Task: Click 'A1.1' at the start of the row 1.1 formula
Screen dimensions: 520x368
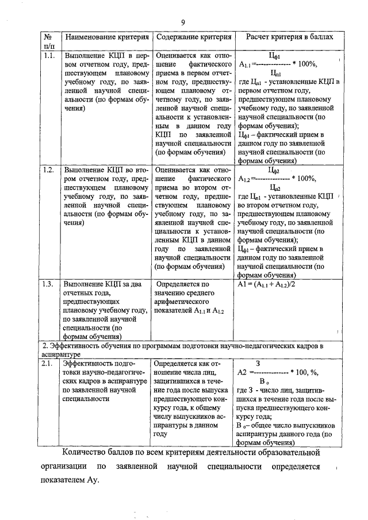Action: [244, 64]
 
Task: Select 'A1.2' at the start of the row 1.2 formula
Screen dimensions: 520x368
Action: [244, 178]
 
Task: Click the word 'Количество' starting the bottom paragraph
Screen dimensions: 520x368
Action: [87, 453]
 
